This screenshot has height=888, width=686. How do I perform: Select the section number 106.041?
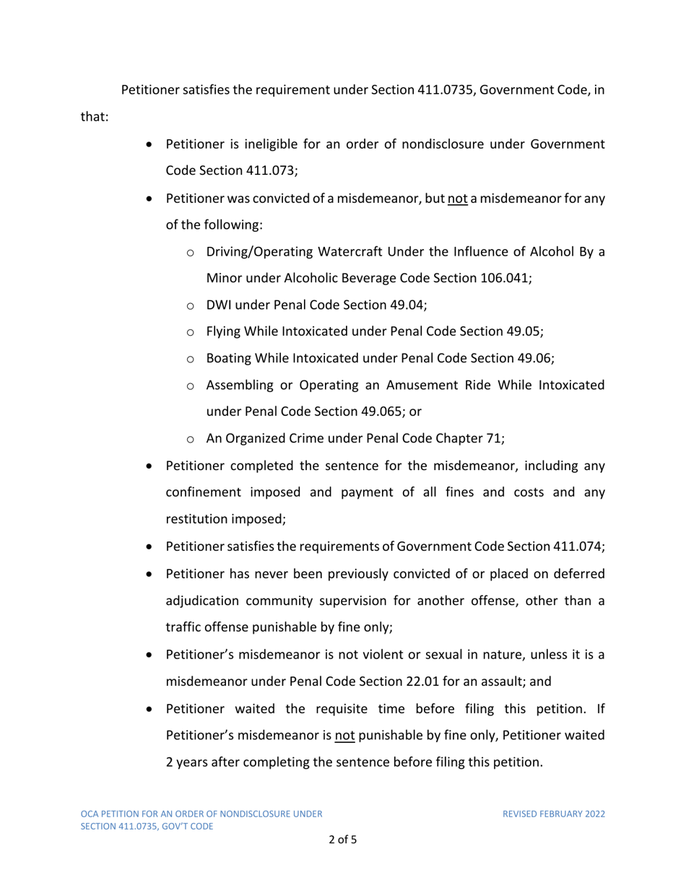pos(505,278)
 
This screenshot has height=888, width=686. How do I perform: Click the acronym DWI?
pos(220,305)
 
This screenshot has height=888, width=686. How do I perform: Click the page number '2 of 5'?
pos(343,840)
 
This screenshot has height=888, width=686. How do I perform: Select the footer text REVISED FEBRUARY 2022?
pos(554,814)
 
